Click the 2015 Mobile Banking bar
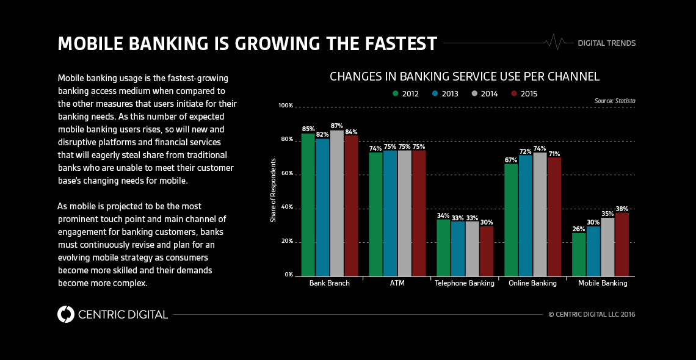[622, 244]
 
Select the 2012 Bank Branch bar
[308, 204]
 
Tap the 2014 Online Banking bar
[540, 214]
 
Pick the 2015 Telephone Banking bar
[486, 251]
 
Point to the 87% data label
[336, 126]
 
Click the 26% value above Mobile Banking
[578, 229]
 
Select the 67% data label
[510, 160]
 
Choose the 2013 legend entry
[445, 94]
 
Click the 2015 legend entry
[524, 94]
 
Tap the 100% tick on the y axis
[286, 106]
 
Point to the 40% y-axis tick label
[287, 208]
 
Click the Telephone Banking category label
[464, 283]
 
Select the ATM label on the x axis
[397, 283]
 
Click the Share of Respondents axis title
[274, 190]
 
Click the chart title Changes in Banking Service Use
[464, 77]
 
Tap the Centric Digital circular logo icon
[66, 314]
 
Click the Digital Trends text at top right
[606, 43]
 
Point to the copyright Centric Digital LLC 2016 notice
[592, 314]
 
